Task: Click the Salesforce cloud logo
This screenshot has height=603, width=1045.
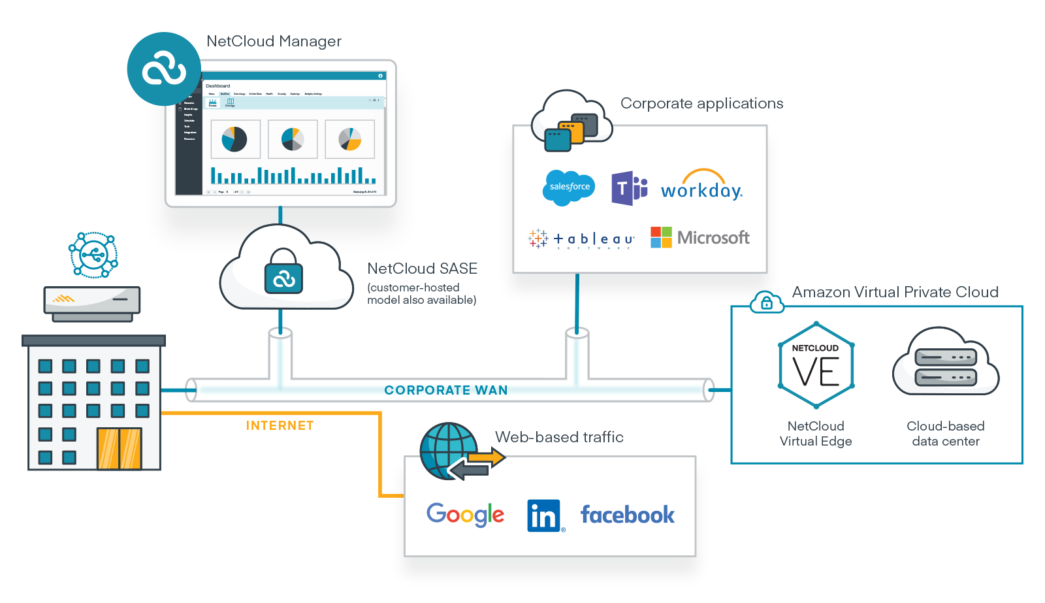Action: (x=569, y=187)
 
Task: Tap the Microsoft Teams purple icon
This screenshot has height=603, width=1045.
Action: (x=628, y=188)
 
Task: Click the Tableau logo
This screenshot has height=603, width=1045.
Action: (x=581, y=239)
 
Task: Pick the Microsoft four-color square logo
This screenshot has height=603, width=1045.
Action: (x=661, y=237)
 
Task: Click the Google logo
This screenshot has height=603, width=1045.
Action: (x=465, y=515)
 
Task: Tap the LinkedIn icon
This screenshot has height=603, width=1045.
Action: (x=543, y=515)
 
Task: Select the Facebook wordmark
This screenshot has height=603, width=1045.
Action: (x=627, y=515)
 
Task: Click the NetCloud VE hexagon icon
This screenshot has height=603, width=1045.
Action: (x=816, y=365)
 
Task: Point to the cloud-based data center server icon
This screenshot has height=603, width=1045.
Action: (x=945, y=366)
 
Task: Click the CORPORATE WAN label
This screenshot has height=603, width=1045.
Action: (x=445, y=390)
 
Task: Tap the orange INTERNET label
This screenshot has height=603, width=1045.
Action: (x=280, y=425)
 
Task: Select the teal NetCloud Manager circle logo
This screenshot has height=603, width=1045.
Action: (x=163, y=69)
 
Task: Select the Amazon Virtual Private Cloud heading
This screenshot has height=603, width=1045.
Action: (x=895, y=292)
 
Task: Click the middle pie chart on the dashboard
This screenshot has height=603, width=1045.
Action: (x=292, y=139)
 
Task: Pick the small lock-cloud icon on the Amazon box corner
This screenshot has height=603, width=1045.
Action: (x=767, y=302)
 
